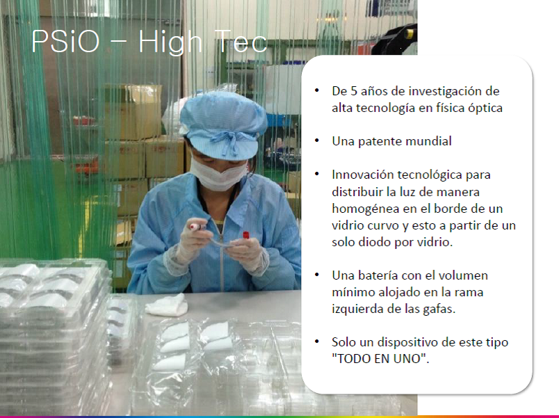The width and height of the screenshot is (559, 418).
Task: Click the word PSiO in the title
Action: pyautogui.click(x=65, y=41)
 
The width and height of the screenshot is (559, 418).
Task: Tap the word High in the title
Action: pyautogui.click(x=170, y=43)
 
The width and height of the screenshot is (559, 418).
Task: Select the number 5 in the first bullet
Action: pyautogui.click(x=353, y=91)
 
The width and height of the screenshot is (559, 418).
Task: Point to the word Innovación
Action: pyautogui.click(x=362, y=175)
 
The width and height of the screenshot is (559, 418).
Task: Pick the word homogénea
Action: pyautogui.click(x=366, y=209)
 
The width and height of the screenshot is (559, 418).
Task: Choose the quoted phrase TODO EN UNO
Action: pyautogui.click(x=380, y=359)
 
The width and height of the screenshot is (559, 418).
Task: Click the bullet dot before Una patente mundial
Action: pyautogui.click(x=317, y=140)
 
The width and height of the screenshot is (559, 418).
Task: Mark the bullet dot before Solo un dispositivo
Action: pyautogui.click(x=317, y=341)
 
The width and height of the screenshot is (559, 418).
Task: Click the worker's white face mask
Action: pyautogui.click(x=218, y=174)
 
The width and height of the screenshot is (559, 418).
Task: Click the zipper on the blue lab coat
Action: pyautogui.click(x=221, y=257)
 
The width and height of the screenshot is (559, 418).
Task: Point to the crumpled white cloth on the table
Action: pyautogui.click(x=167, y=305)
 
